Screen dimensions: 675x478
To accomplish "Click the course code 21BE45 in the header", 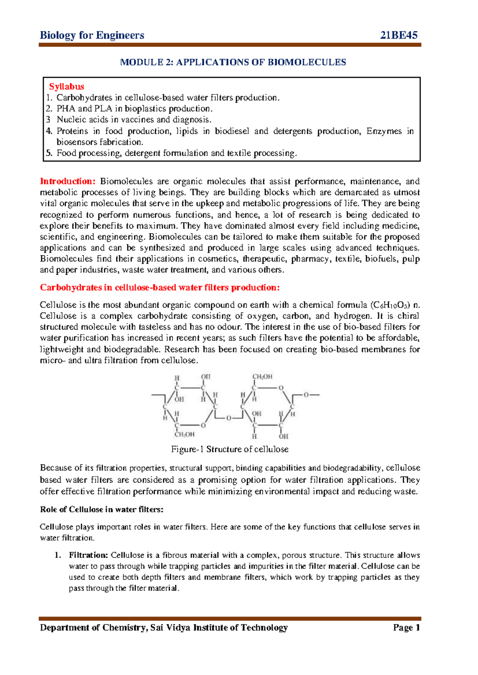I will click(399, 35).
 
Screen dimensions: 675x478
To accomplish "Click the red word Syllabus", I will click(67, 86).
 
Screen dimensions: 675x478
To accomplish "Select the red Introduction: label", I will click(68, 181).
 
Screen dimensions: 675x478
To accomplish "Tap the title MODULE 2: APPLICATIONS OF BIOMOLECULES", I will click(233, 62).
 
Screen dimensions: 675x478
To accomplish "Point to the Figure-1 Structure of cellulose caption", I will click(230, 449).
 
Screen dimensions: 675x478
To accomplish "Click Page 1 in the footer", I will click(406, 628).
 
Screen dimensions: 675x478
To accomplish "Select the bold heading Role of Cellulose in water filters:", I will click(102, 509).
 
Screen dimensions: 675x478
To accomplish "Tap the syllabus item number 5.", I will click(49, 153).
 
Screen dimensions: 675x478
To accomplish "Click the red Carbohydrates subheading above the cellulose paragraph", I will click(160, 288).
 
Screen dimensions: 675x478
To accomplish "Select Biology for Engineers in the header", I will click(92, 35).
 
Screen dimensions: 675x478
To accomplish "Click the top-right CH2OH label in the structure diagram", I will click(263, 377).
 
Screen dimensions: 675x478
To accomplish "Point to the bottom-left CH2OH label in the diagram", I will click(184, 435).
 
